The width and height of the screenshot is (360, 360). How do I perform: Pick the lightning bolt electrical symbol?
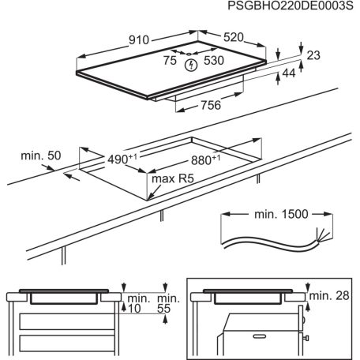(x=189, y=66)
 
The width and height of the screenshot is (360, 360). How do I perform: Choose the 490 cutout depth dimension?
(x=118, y=159)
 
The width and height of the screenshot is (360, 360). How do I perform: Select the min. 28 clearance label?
(x=330, y=294)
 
